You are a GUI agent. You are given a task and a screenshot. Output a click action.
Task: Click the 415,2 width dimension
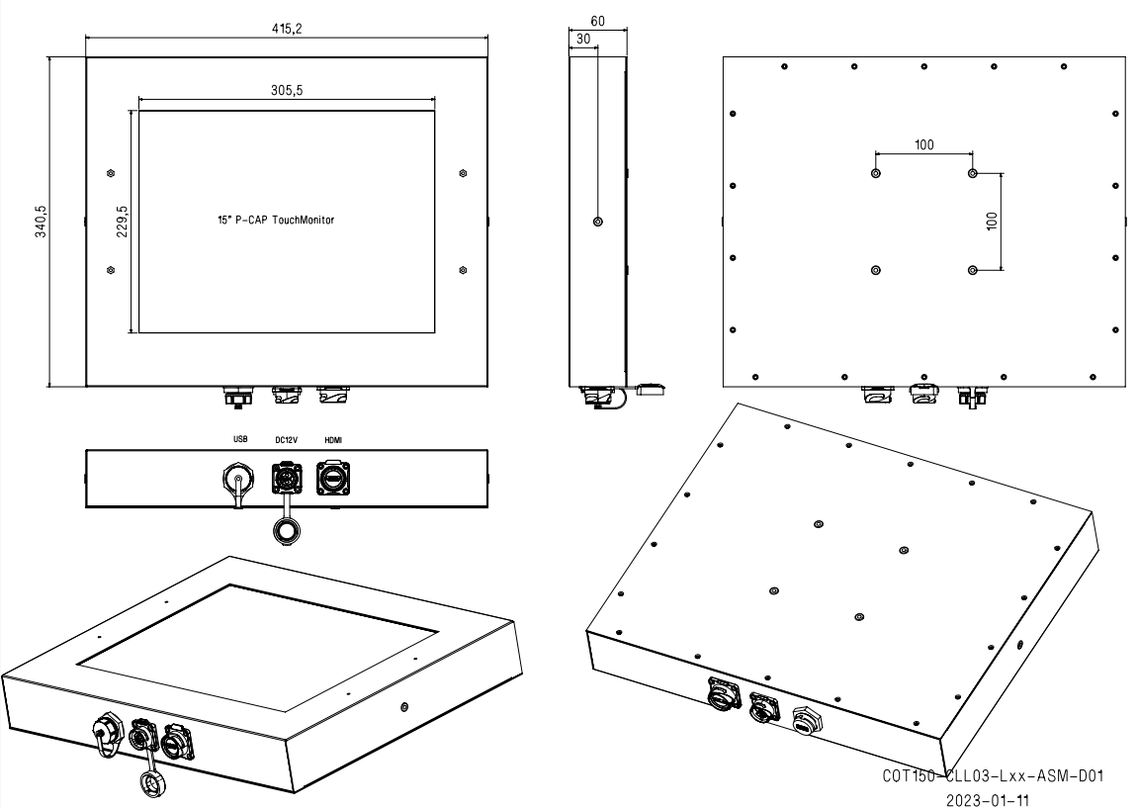287,29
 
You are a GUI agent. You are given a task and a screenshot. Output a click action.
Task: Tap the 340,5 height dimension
42,221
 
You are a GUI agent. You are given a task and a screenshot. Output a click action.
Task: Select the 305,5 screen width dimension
287,90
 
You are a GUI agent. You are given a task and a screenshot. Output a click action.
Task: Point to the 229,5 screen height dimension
122,221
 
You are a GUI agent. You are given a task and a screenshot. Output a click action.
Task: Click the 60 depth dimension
597,21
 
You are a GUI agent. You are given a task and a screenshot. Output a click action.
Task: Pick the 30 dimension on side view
582,39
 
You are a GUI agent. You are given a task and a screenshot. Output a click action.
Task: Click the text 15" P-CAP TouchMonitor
276,220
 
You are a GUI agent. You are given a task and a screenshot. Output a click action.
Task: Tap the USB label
240,439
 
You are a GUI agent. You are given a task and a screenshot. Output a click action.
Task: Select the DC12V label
286,440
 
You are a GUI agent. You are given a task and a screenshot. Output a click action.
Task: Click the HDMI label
333,440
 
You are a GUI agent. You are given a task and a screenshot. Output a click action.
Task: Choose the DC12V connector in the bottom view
286,479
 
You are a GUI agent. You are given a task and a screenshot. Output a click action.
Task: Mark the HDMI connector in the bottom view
333,479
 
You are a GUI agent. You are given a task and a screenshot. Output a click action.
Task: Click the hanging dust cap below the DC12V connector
287,531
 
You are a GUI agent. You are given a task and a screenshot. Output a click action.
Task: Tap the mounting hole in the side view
598,222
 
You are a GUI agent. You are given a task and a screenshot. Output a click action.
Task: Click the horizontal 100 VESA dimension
924,144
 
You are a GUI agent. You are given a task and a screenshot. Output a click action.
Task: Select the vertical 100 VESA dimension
993,221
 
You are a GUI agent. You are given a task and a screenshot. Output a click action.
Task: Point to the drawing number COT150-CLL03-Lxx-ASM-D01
993,775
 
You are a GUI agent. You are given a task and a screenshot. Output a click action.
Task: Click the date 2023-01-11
987,800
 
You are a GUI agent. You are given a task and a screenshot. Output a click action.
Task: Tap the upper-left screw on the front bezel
110,173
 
